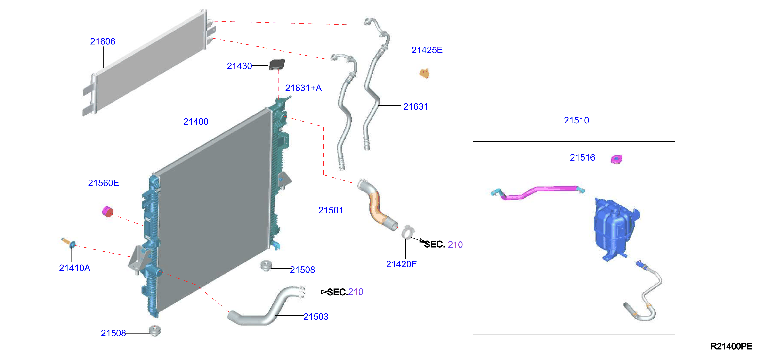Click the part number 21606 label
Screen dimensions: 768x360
tap(103, 41)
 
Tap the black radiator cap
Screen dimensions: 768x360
tap(277, 65)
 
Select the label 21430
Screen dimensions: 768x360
tap(239, 66)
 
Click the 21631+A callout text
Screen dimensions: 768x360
tap(303, 88)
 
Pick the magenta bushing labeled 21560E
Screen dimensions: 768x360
tap(108, 212)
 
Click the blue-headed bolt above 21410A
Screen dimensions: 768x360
tap(69, 243)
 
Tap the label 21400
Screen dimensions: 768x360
tap(196, 122)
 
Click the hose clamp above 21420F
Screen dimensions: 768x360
tap(408, 232)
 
